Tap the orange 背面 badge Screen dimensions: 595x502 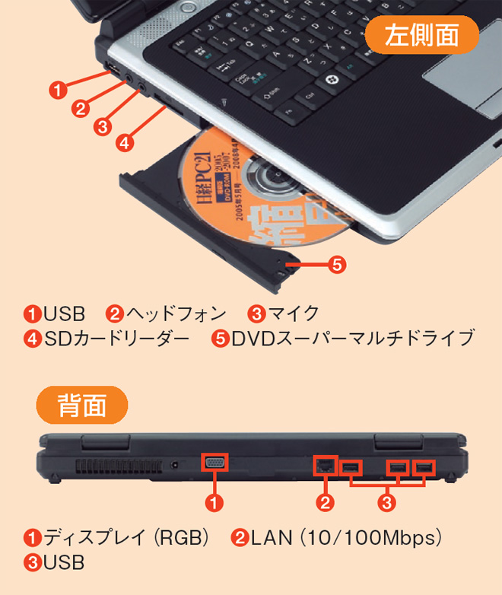[82, 406]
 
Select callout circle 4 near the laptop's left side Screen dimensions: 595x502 [125, 142]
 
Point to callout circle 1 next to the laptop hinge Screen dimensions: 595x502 [56, 88]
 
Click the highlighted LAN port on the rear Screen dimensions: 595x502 [325, 464]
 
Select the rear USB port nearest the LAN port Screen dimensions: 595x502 [351, 466]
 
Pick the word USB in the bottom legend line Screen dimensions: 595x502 [63, 563]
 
